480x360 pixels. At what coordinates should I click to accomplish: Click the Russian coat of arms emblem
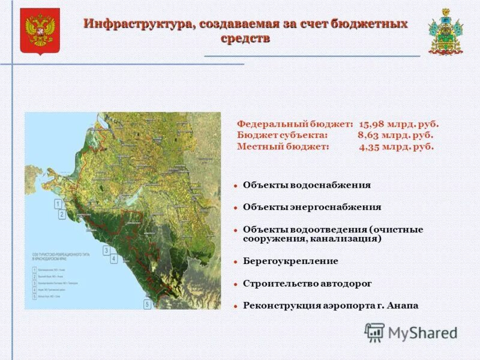(40, 31)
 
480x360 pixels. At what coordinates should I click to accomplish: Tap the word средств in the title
(245, 38)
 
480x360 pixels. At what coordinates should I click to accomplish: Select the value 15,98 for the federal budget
(372, 124)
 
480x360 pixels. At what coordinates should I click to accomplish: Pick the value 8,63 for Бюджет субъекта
(370, 135)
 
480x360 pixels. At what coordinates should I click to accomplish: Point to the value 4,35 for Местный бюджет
(371, 146)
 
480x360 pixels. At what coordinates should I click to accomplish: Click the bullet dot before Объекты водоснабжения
(236, 185)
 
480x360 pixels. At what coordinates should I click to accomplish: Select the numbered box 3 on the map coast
(106, 250)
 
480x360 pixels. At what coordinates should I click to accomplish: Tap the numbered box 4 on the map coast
(113, 259)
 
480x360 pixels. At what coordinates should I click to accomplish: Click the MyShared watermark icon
(375, 332)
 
